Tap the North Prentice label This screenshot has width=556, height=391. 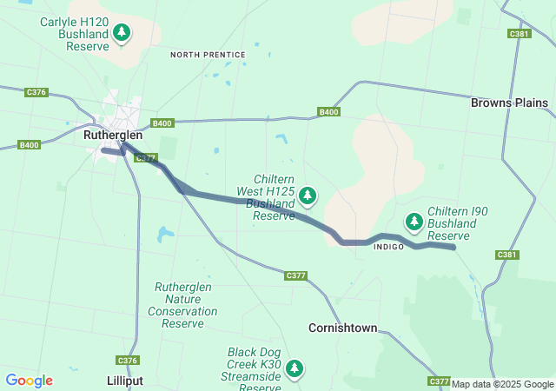pyautogui.click(x=208, y=55)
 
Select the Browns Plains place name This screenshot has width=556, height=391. pyautogui.click(x=509, y=103)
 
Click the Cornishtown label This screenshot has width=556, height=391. pyautogui.click(x=343, y=328)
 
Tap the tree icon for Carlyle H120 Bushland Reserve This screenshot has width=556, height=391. pyautogui.click(x=122, y=33)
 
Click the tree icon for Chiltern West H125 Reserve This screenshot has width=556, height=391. pyautogui.click(x=308, y=196)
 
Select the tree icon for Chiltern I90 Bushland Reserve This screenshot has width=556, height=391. pyautogui.click(x=415, y=222)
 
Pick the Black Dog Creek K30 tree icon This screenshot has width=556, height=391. pyautogui.click(x=295, y=368)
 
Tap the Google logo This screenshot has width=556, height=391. pyautogui.click(x=29, y=381)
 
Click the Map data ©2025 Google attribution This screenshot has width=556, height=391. pyautogui.click(x=502, y=384)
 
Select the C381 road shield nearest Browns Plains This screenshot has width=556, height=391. pyautogui.click(x=520, y=34)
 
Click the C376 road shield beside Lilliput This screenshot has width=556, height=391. pyautogui.click(x=127, y=360)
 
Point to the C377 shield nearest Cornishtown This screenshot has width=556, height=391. pyautogui.click(x=296, y=275)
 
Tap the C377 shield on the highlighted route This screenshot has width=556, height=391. pyautogui.click(x=147, y=158)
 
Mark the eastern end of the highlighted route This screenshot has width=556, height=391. pyautogui.click(x=454, y=248)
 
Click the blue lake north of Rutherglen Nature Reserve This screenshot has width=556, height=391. pyautogui.click(x=165, y=234)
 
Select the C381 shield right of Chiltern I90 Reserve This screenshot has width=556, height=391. pyautogui.click(x=507, y=255)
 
